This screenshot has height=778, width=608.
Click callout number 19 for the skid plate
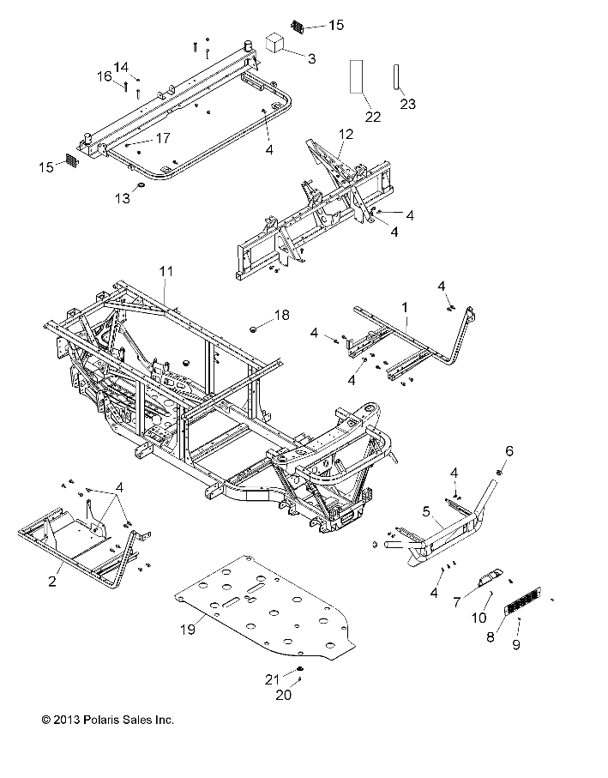(188, 629)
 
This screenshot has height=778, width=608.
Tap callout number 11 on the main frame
(166, 271)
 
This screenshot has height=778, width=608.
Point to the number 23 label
(407, 104)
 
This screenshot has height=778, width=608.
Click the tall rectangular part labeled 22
(356, 76)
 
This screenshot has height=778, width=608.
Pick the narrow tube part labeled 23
(397, 76)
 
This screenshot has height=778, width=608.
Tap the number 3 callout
(311, 58)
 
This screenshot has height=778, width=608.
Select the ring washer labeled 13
(141, 185)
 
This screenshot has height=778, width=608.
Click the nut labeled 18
(254, 329)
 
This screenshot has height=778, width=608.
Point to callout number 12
(346, 134)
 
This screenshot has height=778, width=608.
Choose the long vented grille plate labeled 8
(522, 600)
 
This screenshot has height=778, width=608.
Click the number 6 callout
(509, 450)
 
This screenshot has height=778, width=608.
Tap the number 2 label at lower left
(52, 581)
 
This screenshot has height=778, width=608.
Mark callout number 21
(272, 679)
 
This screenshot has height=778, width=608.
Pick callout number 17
(163, 138)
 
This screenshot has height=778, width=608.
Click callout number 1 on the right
(405, 308)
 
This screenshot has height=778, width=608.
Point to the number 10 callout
(479, 618)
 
